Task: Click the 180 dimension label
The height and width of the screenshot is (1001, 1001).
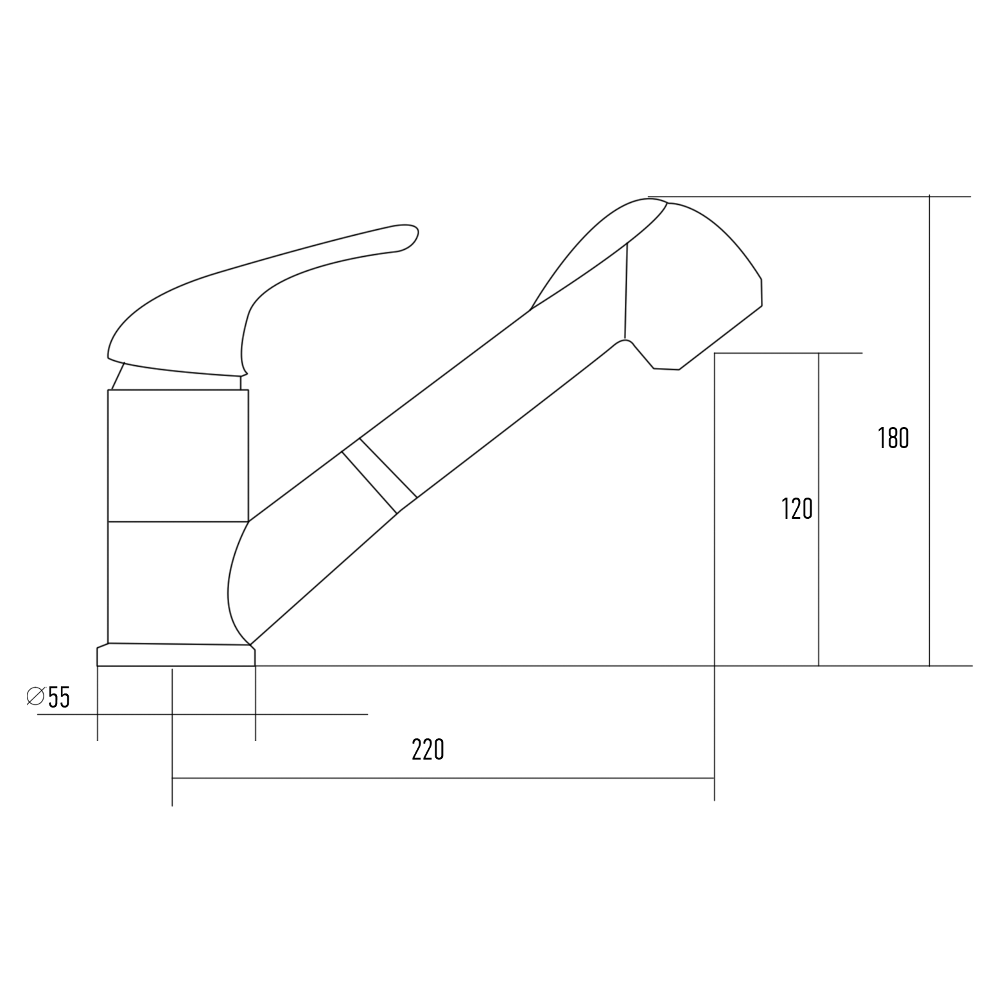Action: coord(893,438)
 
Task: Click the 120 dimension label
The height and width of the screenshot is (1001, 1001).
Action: coord(797,509)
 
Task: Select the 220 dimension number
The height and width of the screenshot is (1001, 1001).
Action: coord(428,749)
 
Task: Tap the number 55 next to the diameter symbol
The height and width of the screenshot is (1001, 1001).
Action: coord(59,697)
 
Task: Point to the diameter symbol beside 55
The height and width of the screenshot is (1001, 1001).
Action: coord(35,696)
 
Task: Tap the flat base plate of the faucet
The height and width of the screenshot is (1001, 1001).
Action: coord(176,655)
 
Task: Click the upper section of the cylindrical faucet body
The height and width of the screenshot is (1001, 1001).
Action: coord(178,455)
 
